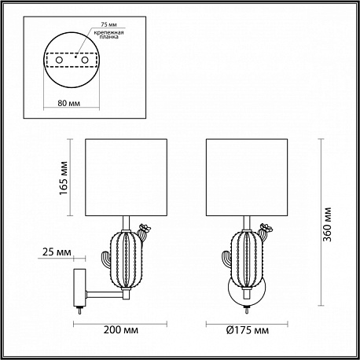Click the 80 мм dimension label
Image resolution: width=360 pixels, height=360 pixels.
69,103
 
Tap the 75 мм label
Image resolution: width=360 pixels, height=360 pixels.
108,24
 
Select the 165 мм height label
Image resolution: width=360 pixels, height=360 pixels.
64,178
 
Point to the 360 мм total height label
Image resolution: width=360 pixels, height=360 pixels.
327,225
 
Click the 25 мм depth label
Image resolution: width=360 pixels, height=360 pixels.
57,252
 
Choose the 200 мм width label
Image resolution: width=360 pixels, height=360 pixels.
121,329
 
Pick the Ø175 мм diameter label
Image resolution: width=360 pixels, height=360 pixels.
248,330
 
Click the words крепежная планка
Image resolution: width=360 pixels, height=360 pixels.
108,35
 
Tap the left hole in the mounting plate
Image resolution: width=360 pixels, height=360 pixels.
59,60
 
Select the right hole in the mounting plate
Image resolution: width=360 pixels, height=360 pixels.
84,60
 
